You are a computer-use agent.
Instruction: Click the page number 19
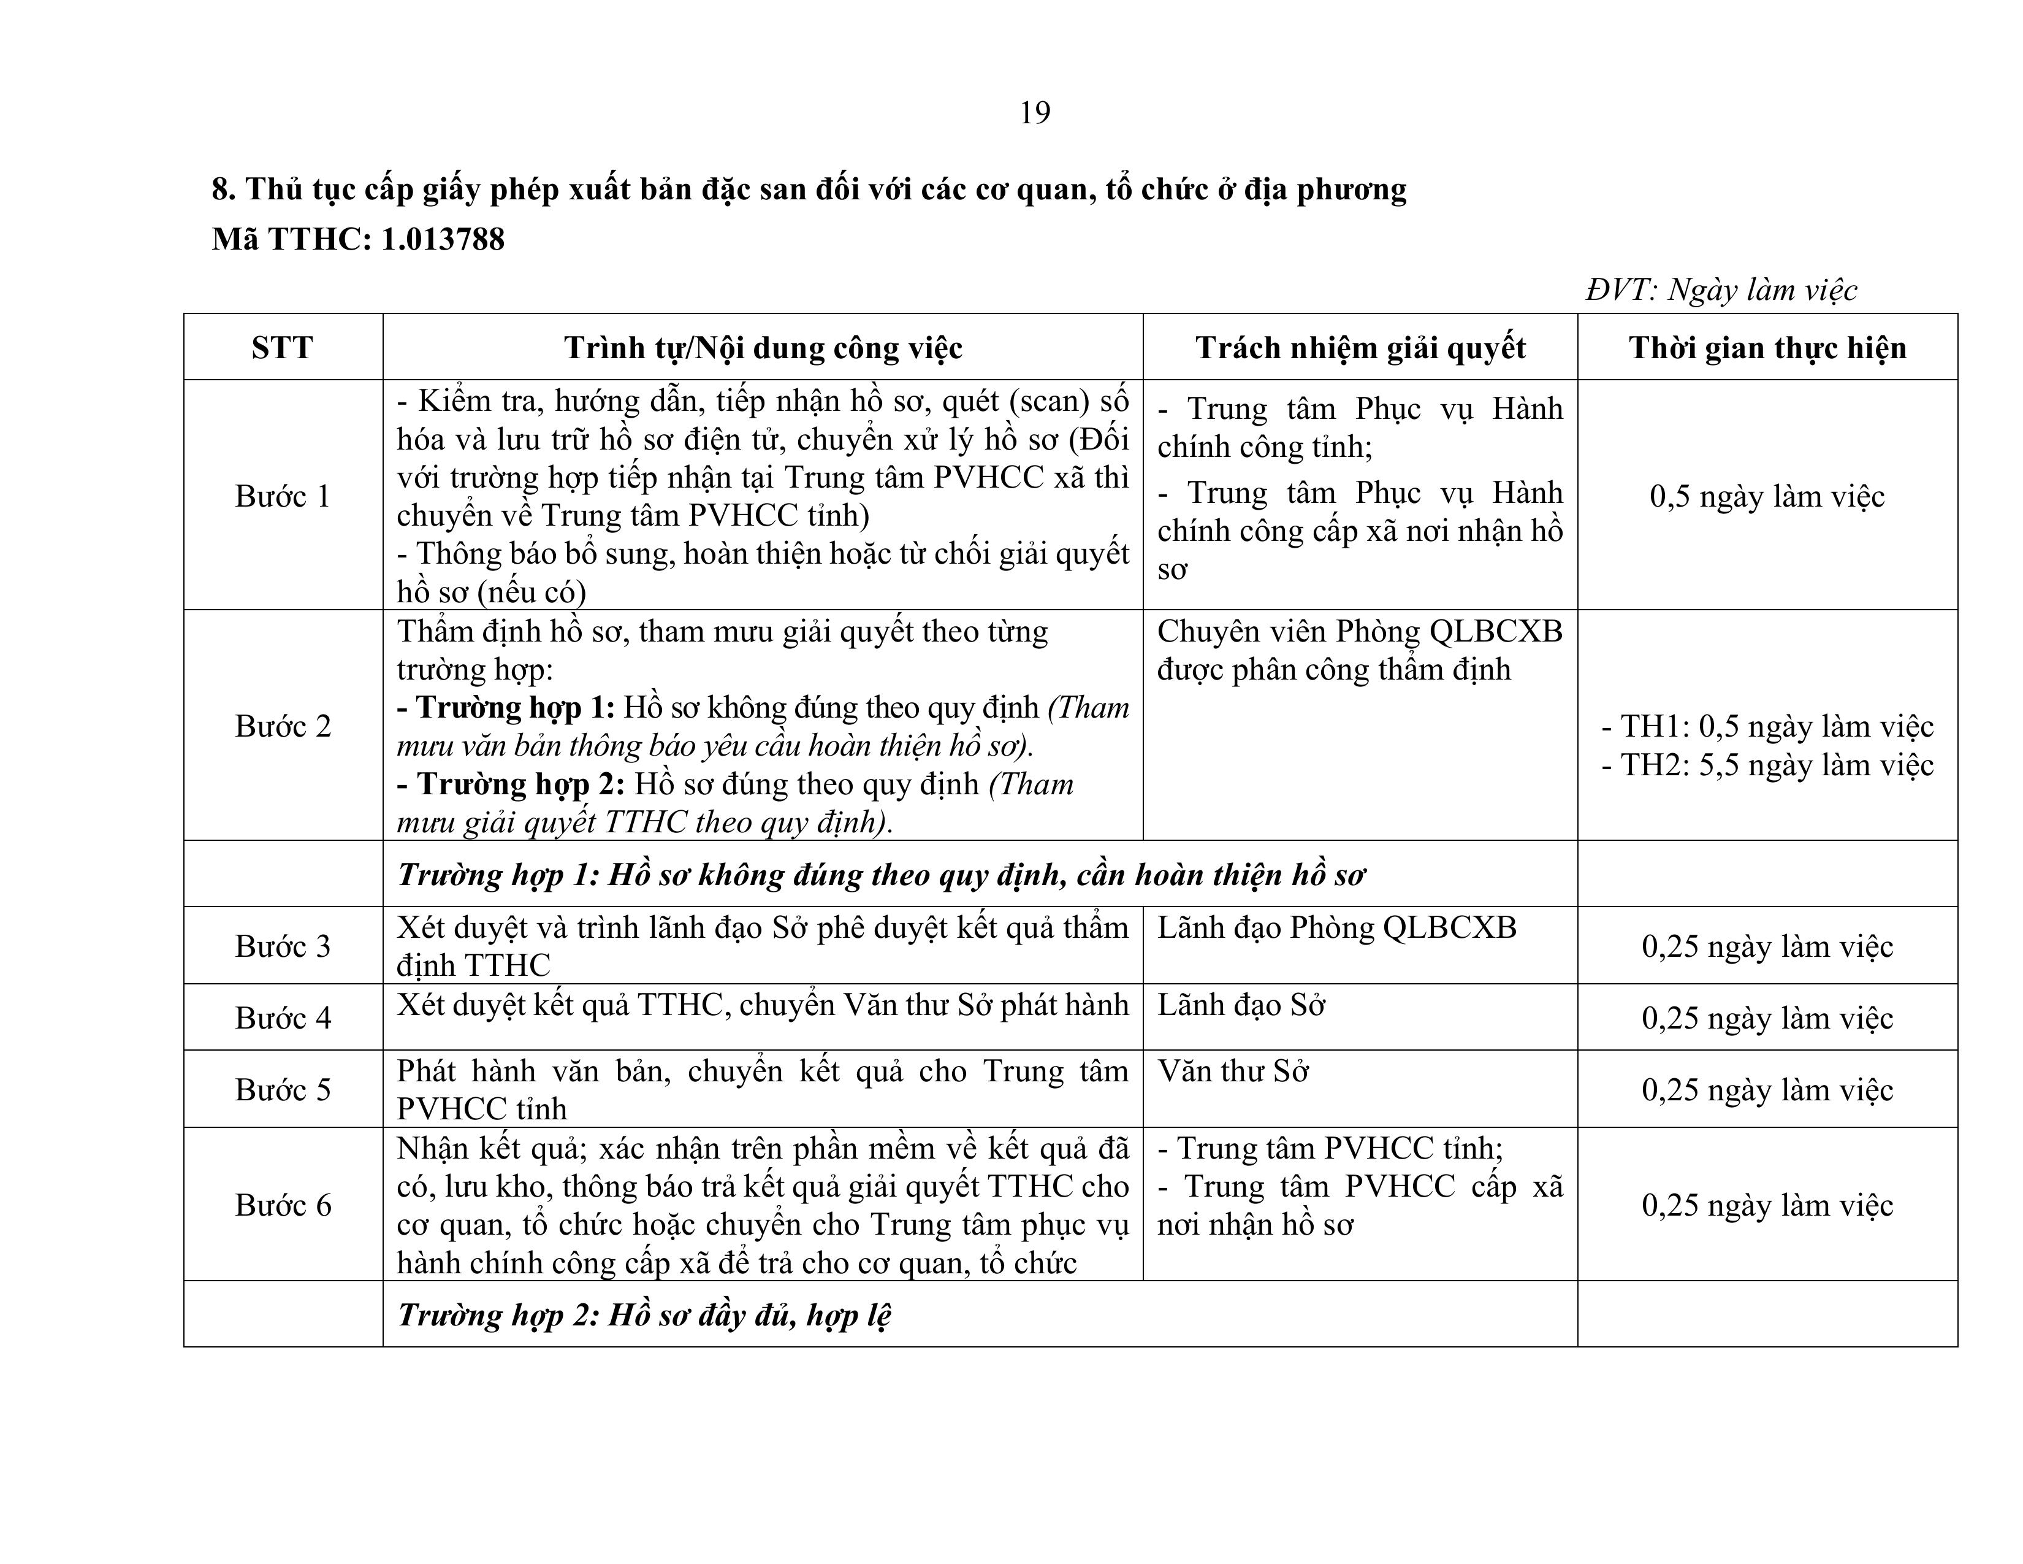pos(1035,113)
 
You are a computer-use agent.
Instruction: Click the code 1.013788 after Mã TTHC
pos(443,240)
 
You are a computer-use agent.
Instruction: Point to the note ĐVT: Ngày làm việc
pos(1721,290)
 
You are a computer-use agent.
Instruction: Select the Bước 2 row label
pos(283,726)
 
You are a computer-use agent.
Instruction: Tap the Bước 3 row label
pos(283,946)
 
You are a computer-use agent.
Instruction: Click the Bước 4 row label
pos(283,1018)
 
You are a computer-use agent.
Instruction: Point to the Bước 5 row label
pos(283,1090)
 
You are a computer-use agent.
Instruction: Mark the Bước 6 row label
pos(283,1205)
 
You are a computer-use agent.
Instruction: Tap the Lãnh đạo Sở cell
pos(1241,1005)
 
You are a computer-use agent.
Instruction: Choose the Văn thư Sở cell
pos(1233,1072)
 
